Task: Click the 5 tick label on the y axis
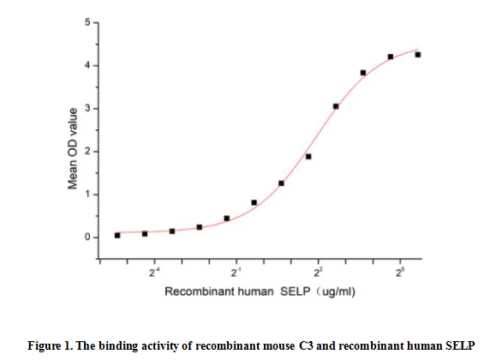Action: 87,21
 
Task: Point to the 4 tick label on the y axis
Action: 87,66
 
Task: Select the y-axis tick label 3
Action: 87,109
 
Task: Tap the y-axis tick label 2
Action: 87,152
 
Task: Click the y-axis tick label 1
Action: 87,195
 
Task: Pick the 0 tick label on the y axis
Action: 87,237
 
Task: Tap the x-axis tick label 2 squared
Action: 318,273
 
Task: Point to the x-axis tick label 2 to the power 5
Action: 400,273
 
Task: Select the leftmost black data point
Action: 117,235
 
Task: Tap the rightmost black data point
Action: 418,55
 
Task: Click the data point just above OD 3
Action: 336,106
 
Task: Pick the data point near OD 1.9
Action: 308,157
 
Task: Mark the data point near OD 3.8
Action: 363,73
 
